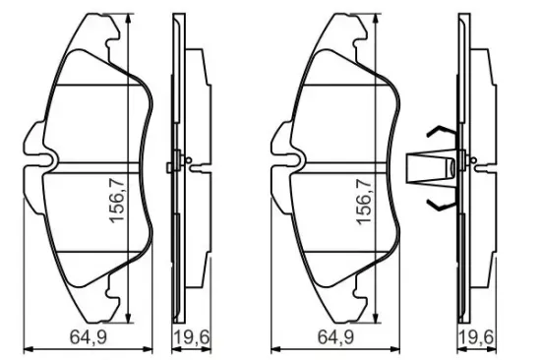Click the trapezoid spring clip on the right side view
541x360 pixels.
pyautogui.click(x=425, y=168)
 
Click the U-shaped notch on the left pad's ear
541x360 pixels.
pyautogui.click(x=45, y=161)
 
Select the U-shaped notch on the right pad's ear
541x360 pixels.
pyautogui.click(x=294, y=161)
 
